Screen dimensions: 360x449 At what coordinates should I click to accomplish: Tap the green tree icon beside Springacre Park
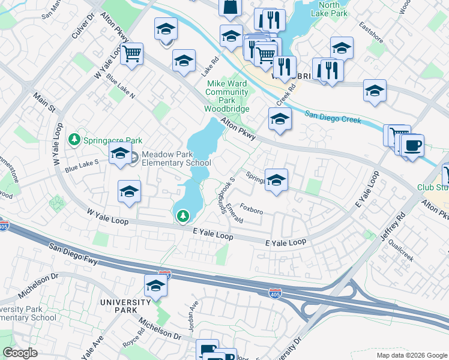click(74, 140)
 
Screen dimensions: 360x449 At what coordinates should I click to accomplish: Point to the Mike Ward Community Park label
click(226, 97)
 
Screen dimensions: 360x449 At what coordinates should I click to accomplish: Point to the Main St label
click(44, 102)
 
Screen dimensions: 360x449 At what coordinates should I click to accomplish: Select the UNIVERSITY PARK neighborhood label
click(125, 302)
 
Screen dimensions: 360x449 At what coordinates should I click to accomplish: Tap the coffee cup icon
click(412, 145)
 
